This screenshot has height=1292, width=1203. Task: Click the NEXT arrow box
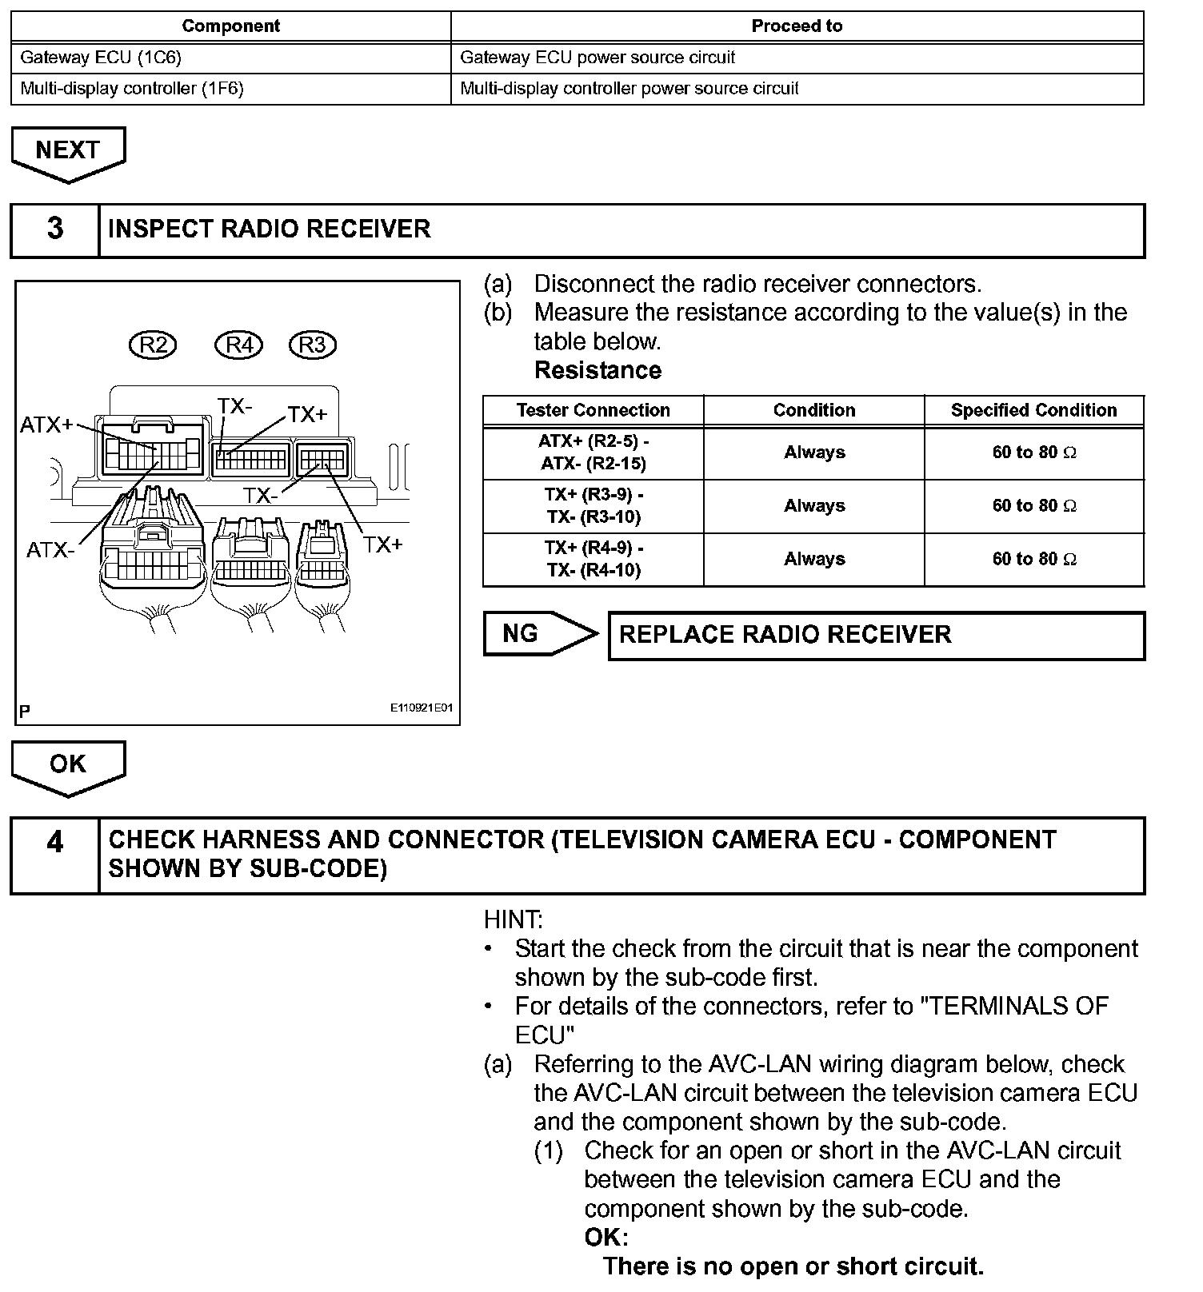tap(68, 151)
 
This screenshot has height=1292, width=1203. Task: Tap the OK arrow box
tap(68, 765)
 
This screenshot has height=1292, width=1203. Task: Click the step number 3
tap(54, 229)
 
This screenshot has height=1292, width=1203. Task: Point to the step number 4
tap(54, 843)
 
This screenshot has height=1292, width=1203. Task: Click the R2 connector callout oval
tap(153, 345)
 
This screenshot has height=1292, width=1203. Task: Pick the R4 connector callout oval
tap(239, 345)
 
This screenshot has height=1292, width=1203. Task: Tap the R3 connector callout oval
tap(312, 345)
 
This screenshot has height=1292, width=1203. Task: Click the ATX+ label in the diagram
tap(46, 425)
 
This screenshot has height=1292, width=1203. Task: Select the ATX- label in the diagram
tap(50, 550)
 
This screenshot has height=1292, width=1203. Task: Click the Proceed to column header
tap(797, 26)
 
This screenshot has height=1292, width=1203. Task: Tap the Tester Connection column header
tap(593, 410)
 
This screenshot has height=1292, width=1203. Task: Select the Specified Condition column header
tap(1033, 410)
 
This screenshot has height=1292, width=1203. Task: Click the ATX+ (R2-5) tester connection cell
tap(593, 453)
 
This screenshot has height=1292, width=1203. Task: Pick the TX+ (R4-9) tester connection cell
tap(593, 559)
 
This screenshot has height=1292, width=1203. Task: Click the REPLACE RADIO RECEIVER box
tap(876, 635)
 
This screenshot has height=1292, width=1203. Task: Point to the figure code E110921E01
tap(422, 708)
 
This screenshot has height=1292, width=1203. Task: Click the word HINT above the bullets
tap(513, 919)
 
